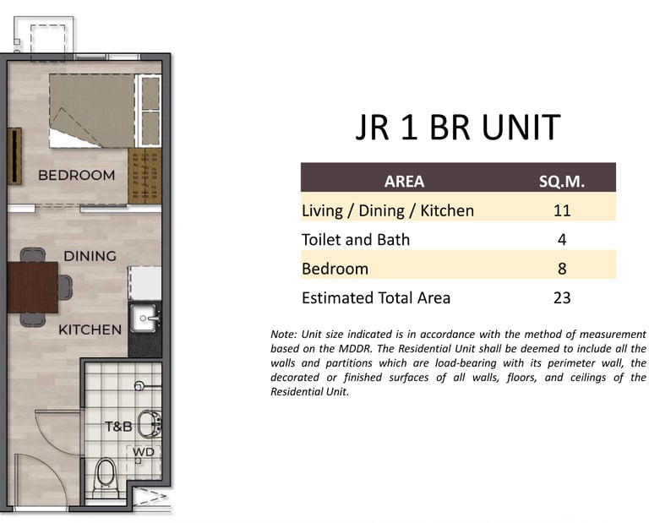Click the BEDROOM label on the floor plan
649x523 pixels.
pyautogui.click(x=77, y=175)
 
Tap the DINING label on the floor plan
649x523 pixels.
pyautogui.click(x=90, y=256)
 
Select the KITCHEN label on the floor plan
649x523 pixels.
pyautogui.click(x=90, y=330)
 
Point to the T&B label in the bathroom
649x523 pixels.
pyautogui.click(x=118, y=426)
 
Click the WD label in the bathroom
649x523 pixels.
pyautogui.click(x=143, y=452)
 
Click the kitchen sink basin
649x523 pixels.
pyautogui.click(x=144, y=319)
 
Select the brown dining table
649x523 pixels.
pyautogui.click(x=33, y=287)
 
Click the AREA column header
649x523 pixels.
pyautogui.click(x=404, y=182)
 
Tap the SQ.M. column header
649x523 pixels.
pyautogui.click(x=562, y=182)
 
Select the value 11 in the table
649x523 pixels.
pyautogui.click(x=562, y=210)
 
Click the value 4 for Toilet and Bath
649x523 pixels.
pyautogui.click(x=562, y=240)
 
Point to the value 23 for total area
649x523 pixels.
pyautogui.click(x=562, y=298)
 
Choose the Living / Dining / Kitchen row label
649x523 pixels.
pyautogui.click(x=387, y=211)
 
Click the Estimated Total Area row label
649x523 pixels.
pyautogui.click(x=376, y=298)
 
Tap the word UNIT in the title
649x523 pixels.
pyautogui.click(x=521, y=127)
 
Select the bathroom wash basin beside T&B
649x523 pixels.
pyautogui.click(x=150, y=424)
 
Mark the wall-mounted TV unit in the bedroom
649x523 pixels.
pyautogui.click(x=14, y=156)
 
